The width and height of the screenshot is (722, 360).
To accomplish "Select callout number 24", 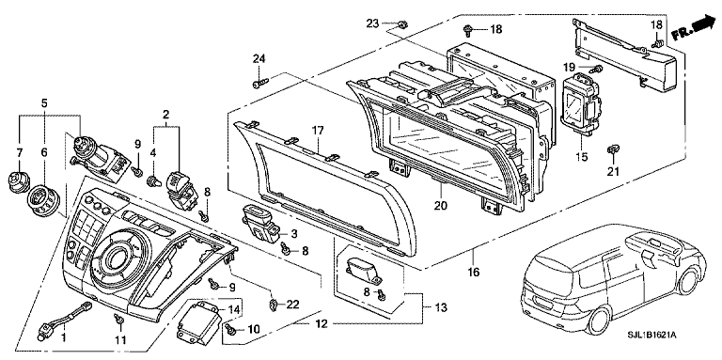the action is pyautogui.click(x=259, y=58).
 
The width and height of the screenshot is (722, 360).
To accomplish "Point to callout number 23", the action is pyautogui.click(x=372, y=23).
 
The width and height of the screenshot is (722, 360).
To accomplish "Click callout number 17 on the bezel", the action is pyautogui.click(x=317, y=131).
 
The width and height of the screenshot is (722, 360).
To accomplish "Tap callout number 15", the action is pyautogui.click(x=582, y=157).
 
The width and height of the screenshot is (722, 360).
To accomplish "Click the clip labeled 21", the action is pyautogui.click(x=613, y=149).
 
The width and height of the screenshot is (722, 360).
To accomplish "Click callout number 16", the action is pyautogui.click(x=474, y=272).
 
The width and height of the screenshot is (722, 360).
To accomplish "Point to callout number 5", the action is pyautogui.click(x=44, y=103).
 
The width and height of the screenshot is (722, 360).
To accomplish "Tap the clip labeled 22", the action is pyautogui.click(x=273, y=304).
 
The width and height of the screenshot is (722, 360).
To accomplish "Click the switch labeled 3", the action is pyautogui.click(x=261, y=224).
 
